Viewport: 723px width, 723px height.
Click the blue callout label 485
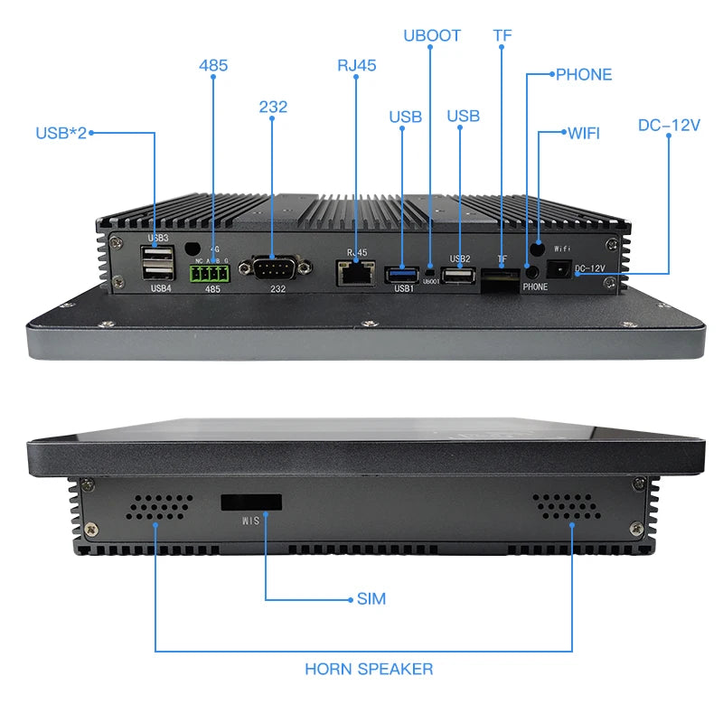click(x=213, y=65)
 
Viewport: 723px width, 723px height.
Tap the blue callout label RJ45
click(x=356, y=65)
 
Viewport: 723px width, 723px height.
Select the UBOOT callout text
click(x=431, y=35)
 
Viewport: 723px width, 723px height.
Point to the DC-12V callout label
click(x=669, y=126)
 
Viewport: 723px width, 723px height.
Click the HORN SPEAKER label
click(x=369, y=669)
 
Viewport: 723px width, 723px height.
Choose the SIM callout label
click(x=371, y=598)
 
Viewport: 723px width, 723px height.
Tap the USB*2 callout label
click(x=61, y=133)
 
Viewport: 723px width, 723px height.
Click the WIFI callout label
click(x=584, y=133)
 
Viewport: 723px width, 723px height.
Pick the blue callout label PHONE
click(x=583, y=74)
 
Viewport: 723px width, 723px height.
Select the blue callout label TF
click(x=502, y=35)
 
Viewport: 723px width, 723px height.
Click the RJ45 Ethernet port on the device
click(x=354, y=270)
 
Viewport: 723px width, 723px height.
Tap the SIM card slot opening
click(x=251, y=502)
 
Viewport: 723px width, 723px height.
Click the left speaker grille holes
click(x=159, y=508)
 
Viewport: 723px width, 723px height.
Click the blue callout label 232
click(x=273, y=107)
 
